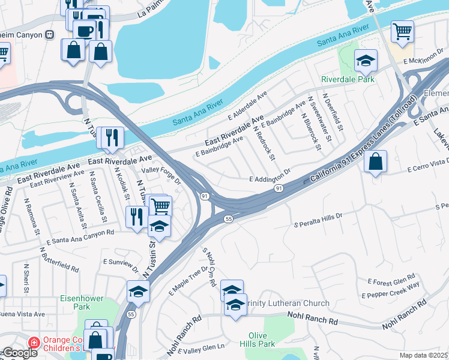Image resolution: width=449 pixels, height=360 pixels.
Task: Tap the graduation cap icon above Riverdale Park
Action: point(366,61)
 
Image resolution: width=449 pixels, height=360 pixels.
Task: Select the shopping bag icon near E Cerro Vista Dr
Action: point(375,161)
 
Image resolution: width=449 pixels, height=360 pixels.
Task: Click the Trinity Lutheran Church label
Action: point(283,302)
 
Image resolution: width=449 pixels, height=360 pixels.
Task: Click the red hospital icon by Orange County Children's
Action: point(34,341)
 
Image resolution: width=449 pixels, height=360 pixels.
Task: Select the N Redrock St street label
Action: point(264,143)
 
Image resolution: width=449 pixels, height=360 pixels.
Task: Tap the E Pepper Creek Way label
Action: point(391,289)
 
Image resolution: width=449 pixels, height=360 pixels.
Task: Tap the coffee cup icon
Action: point(85,30)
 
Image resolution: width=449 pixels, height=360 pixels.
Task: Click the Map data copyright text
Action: point(424,355)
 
